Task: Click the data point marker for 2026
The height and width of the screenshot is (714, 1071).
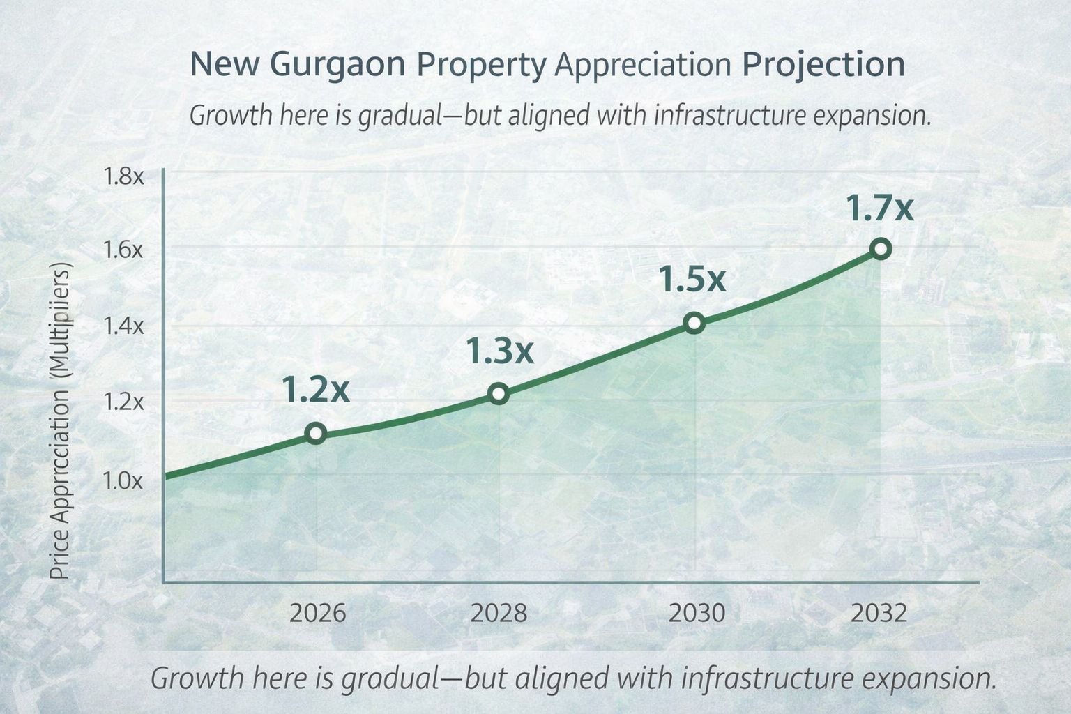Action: pyautogui.click(x=315, y=434)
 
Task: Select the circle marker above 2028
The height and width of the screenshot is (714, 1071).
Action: pyautogui.click(x=498, y=393)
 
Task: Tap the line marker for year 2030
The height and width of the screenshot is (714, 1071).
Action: pyautogui.click(x=694, y=323)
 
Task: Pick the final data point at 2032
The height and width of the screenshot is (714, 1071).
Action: pyautogui.click(x=881, y=249)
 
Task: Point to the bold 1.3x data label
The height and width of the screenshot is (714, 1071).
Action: pyautogui.click(x=499, y=351)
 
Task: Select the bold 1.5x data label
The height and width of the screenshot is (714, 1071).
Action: pyautogui.click(x=692, y=280)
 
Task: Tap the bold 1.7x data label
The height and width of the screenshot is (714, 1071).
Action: pyautogui.click(x=879, y=208)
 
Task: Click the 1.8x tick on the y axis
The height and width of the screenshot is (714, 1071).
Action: pyautogui.click(x=123, y=176)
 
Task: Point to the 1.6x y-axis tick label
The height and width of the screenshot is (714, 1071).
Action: pyautogui.click(x=123, y=250)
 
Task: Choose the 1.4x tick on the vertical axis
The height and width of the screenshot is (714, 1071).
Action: pyautogui.click(x=123, y=325)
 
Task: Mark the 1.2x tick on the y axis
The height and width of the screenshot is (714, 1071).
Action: pyautogui.click(x=123, y=402)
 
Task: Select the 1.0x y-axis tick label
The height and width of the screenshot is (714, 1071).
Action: pyautogui.click(x=123, y=480)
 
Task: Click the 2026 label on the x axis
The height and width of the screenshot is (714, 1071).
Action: pyautogui.click(x=317, y=614)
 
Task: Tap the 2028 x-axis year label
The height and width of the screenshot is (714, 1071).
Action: pyautogui.click(x=499, y=614)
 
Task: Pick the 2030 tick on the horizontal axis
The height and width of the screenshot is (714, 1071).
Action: pyautogui.click(x=697, y=614)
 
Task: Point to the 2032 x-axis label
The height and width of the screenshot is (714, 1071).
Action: pyautogui.click(x=879, y=614)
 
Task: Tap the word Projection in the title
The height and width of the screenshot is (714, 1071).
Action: pyautogui.click(x=823, y=66)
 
